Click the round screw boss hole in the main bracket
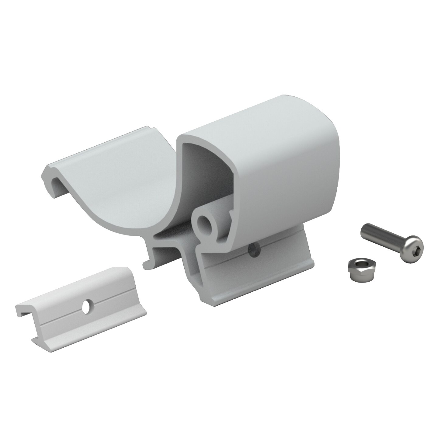click(x=203, y=225)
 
